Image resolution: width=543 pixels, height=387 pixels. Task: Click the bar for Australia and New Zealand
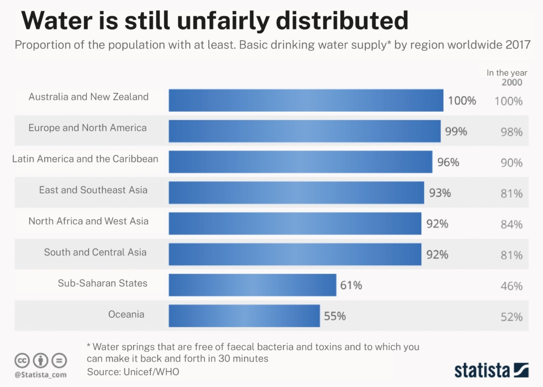306,100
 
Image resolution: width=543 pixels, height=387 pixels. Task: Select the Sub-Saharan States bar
252,285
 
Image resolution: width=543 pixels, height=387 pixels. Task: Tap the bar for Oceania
244,316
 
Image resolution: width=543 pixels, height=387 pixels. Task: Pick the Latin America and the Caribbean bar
300,162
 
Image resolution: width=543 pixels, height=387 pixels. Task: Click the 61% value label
351,286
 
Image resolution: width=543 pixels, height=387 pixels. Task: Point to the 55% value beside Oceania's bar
335,316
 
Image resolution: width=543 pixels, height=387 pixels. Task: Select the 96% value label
448,162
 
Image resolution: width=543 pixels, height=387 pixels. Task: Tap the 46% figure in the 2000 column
511,286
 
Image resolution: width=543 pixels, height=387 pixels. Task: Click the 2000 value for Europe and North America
511,132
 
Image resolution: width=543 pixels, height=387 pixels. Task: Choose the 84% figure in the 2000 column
511,225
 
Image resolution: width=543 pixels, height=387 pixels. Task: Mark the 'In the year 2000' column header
507,78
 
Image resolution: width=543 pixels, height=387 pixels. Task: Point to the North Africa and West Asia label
89,221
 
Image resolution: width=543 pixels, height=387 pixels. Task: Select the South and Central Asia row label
95,252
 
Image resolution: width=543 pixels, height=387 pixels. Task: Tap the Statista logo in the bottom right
491,369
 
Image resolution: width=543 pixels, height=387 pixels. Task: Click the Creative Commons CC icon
22,361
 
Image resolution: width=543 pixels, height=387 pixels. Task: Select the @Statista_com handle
41,374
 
